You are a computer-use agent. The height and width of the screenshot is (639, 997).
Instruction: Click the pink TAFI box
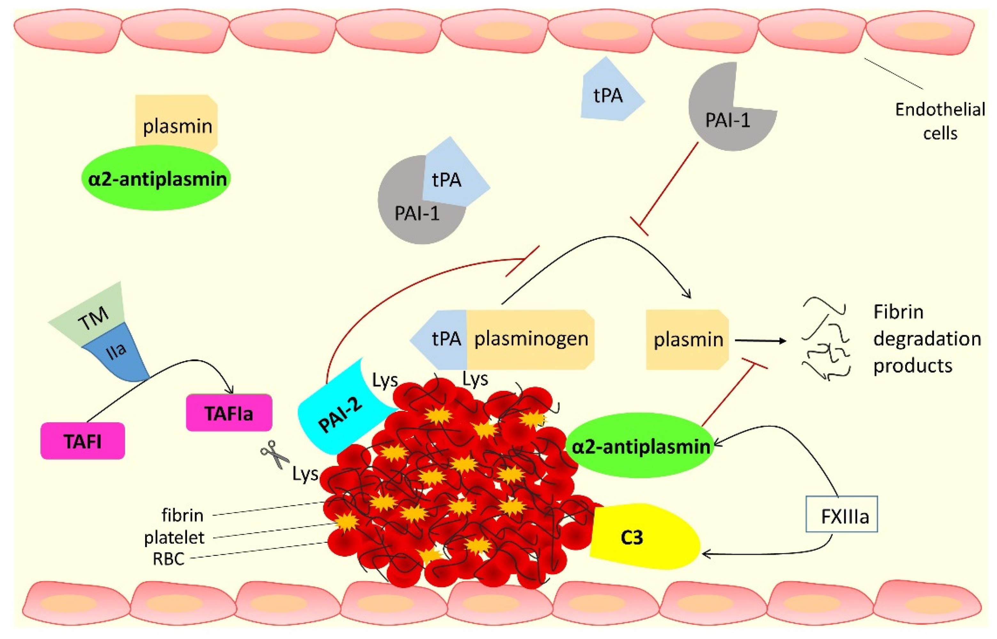point(82,441)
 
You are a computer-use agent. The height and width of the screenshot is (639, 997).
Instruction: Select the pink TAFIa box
point(229,413)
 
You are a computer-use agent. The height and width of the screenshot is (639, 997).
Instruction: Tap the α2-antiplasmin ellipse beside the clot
point(641,447)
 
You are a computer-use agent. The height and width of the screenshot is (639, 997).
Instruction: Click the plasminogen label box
point(531,339)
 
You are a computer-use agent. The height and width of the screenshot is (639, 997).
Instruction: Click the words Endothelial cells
point(939,121)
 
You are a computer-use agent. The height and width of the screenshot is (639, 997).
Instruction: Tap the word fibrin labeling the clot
point(183,515)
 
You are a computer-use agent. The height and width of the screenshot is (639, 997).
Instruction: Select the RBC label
point(168,559)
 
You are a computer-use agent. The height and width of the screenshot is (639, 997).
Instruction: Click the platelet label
point(174,538)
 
